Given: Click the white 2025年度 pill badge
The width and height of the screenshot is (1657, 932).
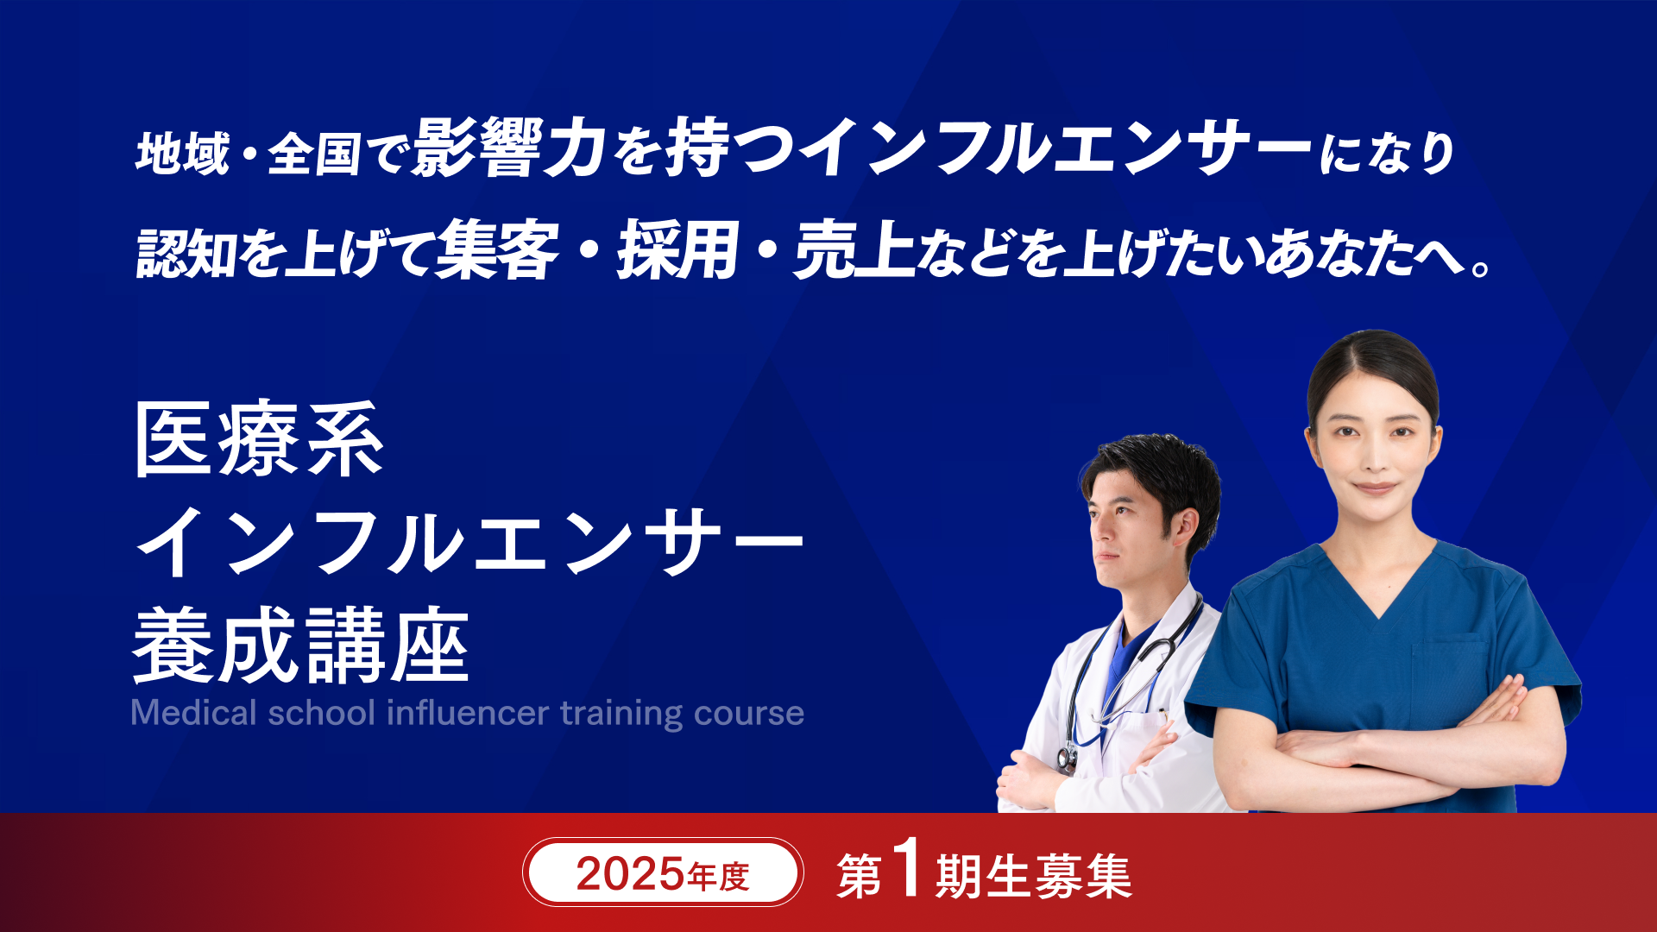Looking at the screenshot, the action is [x=663, y=872].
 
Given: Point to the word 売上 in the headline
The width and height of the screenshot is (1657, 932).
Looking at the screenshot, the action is [x=854, y=249].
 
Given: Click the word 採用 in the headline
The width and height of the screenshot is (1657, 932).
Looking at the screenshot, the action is [x=677, y=249].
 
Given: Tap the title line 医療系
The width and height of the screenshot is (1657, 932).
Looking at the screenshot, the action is [x=259, y=439].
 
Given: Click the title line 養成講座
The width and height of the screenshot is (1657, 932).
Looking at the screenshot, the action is [x=301, y=645].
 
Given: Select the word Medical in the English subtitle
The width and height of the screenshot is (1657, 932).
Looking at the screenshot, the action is [x=194, y=713].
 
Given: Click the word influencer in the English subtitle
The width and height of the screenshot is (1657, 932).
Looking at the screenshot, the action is [x=468, y=713].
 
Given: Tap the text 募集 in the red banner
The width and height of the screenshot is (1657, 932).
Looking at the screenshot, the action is [x=1083, y=877].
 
